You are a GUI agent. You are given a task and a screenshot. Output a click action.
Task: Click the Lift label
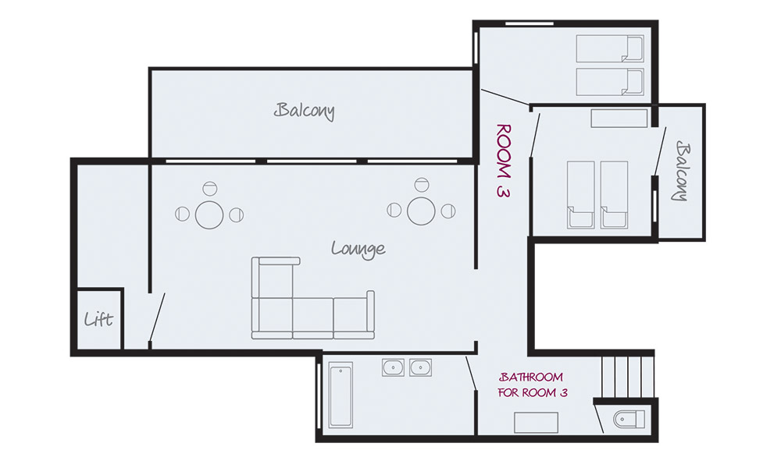point(98,319)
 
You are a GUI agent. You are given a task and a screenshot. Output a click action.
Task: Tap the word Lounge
point(358,248)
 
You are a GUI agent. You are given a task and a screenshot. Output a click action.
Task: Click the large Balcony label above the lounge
point(305,111)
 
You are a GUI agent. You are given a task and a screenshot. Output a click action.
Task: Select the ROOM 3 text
point(504,161)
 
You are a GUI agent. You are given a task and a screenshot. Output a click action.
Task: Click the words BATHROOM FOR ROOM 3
point(533,385)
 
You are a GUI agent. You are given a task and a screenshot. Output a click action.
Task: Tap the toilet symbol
point(629,420)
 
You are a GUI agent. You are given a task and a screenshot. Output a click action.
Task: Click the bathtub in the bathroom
point(341,395)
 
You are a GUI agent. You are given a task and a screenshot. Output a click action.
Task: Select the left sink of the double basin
point(393,367)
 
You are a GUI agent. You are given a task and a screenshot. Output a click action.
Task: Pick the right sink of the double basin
point(420,367)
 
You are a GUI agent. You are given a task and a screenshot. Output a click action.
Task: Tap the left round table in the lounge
point(209,214)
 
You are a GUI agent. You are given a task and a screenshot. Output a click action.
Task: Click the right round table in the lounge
point(422,211)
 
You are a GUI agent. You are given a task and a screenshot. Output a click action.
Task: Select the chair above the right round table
point(422,185)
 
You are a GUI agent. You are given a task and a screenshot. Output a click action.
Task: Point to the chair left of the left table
point(182,214)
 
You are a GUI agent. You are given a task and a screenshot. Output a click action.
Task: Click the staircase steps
point(628,375)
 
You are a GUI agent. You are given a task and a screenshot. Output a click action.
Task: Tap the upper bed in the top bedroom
point(610,48)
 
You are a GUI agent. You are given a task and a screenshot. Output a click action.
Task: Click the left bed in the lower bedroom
point(581,195)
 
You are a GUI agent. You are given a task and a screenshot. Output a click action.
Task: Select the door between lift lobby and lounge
point(158,317)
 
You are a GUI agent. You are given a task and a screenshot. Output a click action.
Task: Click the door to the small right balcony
point(660,151)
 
